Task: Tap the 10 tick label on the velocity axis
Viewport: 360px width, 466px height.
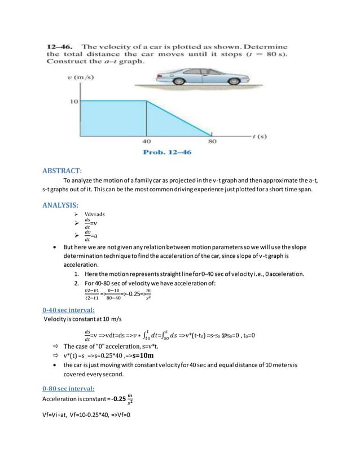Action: [74, 102]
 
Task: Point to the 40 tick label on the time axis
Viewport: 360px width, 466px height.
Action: [146, 142]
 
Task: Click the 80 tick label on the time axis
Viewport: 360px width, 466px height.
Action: [212, 142]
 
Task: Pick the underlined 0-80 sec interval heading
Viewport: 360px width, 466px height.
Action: [69, 389]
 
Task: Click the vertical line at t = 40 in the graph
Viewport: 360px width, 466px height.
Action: [147, 118]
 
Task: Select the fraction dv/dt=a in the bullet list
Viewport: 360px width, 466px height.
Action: [93, 236]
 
